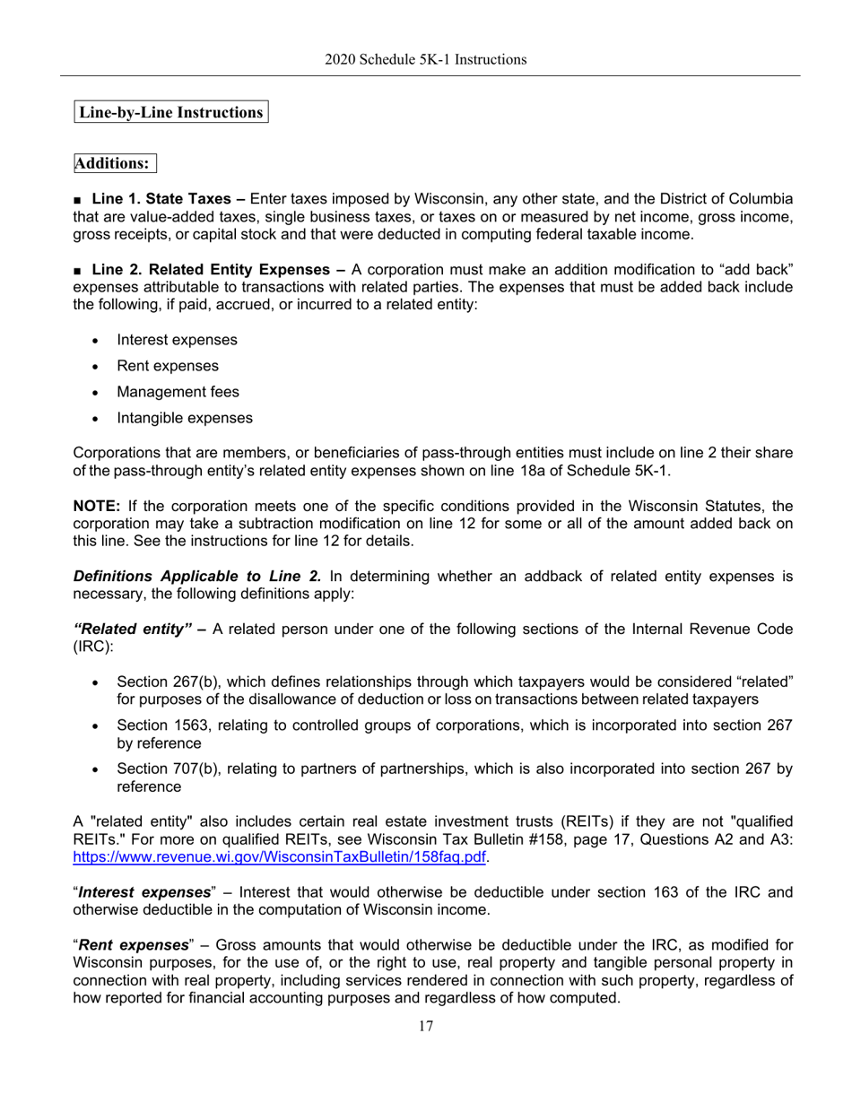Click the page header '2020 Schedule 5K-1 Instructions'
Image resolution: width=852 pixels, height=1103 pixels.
click(x=425, y=60)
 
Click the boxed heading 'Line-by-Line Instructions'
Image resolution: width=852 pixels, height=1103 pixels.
click(x=170, y=112)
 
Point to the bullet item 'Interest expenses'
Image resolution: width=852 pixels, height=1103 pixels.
click(x=177, y=340)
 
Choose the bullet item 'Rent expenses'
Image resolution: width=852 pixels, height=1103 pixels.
click(x=167, y=366)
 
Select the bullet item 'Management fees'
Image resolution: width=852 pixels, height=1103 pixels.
click(x=178, y=392)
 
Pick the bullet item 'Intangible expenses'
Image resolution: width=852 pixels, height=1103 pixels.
click(x=184, y=418)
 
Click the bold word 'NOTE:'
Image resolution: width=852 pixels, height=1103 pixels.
click(x=97, y=505)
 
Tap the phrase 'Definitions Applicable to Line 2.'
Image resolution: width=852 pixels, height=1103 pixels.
click(x=196, y=576)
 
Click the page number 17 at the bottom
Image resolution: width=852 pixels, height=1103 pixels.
click(x=425, y=1027)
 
